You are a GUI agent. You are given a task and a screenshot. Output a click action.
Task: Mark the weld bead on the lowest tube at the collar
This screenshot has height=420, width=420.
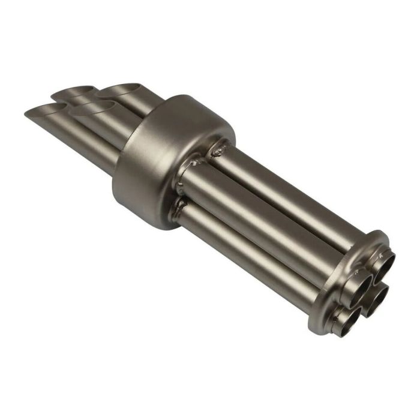click(179, 207)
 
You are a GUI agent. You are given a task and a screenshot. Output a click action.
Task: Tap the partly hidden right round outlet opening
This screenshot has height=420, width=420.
click(377, 295)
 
